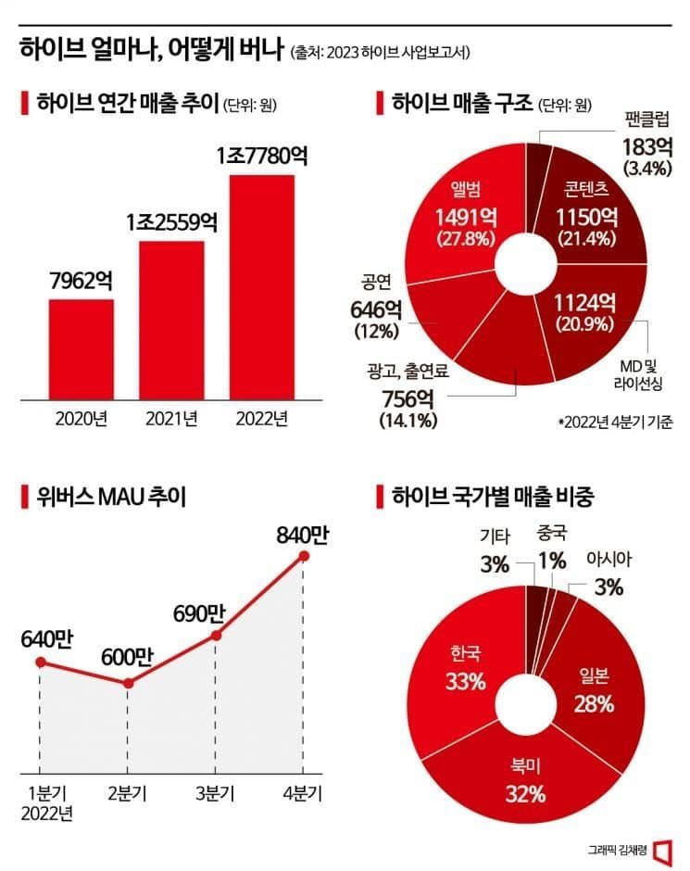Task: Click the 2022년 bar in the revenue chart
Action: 262,287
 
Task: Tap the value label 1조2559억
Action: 172,223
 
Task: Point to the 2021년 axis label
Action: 171,419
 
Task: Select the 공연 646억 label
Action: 374,304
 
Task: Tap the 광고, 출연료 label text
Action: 408,373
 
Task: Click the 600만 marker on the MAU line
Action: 128,683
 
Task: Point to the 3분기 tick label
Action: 216,794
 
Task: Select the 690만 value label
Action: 198,612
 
